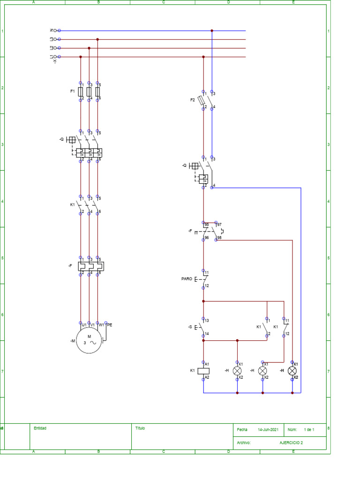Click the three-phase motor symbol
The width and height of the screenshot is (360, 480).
coord(89,339)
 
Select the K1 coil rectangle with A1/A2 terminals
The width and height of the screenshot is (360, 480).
coord(203,370)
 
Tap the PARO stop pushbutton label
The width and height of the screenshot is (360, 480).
coord(187,279)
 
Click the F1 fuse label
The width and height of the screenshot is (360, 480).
coord(73,91)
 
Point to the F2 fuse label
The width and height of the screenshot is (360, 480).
coord(192,100)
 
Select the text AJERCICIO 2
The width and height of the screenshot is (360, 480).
coord(292,442)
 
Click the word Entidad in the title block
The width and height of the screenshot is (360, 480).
coord(40,428)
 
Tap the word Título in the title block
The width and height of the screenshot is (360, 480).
coord(140,428)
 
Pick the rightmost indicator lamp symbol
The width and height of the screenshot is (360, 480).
coord(292,370)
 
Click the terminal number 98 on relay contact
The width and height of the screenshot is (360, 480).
coord(219,238)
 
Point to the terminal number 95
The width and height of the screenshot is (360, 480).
coord(207,225)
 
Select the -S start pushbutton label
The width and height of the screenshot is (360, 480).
coord(190,327)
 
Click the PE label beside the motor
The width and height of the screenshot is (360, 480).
coord(110,324)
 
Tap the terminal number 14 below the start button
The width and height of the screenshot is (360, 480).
coord(207,334)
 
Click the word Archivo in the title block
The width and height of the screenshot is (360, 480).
coord(244,442)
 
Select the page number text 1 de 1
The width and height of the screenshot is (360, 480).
coord(309,429)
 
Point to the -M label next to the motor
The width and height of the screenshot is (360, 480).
coord(73,341)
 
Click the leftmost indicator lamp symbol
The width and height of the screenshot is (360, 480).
coord(237,370)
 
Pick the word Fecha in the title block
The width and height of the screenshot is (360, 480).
coord(242,429)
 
